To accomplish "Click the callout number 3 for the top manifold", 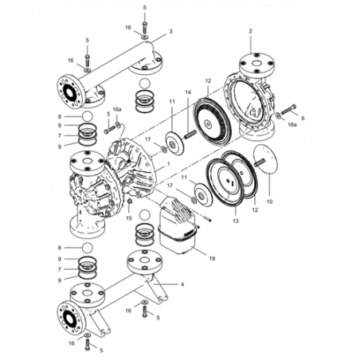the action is (170, 32).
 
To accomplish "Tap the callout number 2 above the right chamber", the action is (250, 31).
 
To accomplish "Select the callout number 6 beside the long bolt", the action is (303, 118).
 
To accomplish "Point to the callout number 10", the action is (269, 202).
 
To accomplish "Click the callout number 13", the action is (236, 221).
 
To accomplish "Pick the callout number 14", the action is (188, 92).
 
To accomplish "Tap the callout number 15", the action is (129, 218).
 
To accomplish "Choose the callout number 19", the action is (212, 258).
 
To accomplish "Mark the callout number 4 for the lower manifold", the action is (182, 284).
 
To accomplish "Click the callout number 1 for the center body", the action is (168, 164).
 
